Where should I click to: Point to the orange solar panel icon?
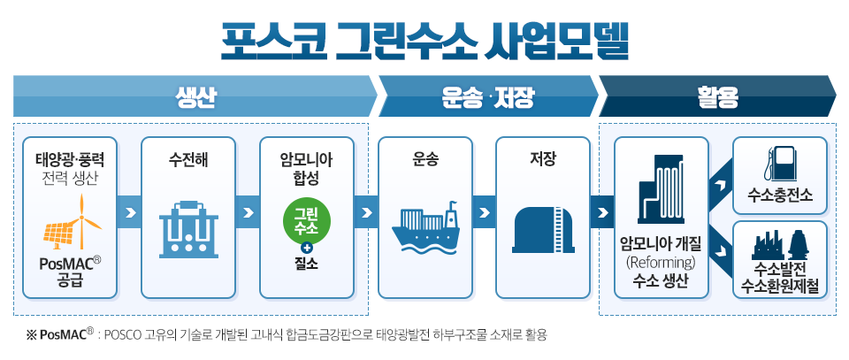coord(60,234)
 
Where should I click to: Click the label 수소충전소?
coord(780,193)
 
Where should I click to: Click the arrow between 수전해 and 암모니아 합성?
coord(247,213)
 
